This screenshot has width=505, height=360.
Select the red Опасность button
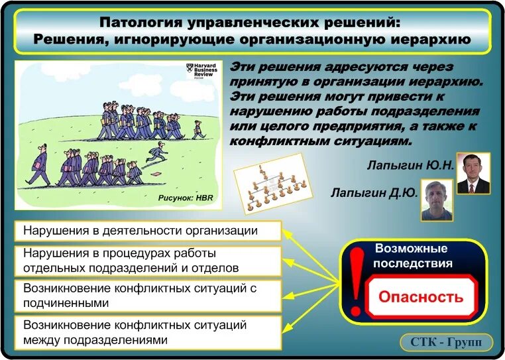coord(420,296)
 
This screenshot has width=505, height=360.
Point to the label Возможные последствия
coord(412,256)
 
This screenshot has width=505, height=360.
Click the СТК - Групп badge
coord(446,343)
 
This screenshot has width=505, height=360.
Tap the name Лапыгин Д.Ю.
coord(374,193)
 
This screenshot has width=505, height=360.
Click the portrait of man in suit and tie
coord(473,173)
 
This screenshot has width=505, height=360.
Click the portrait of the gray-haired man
coord(437,200)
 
